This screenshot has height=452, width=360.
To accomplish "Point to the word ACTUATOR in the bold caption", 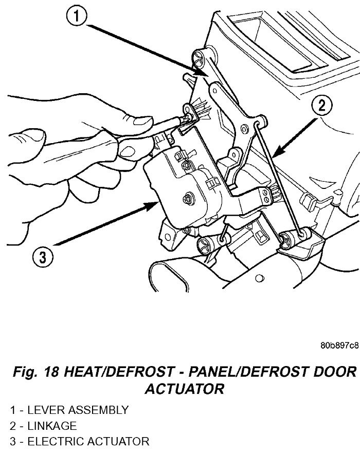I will pyautogui.click(x=185, y=389).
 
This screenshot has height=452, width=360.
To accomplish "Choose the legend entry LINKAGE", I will pyautogui.click(x=51, y=426).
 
